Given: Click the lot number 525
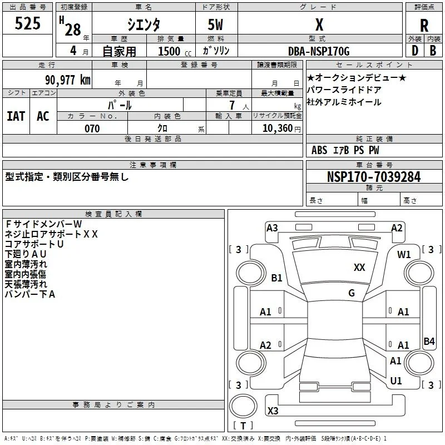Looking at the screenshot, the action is coord(27,23).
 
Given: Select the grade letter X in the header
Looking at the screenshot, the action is coord(319,24).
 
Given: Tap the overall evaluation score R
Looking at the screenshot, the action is coord(424,26).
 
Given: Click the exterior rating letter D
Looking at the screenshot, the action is coord(414,51).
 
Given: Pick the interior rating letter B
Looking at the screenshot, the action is coord(433,51).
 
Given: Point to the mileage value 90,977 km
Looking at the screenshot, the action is coord(67,80).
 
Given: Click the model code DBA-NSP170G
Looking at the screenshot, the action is coord(319,51).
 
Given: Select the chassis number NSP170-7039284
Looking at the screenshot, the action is coord(374,176).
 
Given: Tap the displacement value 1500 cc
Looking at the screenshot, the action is coord(175,51).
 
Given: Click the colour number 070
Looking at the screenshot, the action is coord(92,128).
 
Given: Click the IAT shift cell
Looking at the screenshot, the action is coord(16,116).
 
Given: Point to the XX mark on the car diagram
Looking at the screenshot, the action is coord(359,267).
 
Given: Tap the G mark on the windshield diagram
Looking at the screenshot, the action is coord(352,293).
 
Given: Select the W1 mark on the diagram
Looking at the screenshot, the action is coord(404,255).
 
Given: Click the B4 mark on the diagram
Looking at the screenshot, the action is coord(429,341).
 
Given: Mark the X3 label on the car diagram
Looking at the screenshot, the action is coord(273,411).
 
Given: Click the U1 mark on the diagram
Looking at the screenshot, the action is coord(396,380).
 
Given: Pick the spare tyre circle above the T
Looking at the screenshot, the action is coord(243,406).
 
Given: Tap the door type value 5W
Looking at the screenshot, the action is coord(215,24).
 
